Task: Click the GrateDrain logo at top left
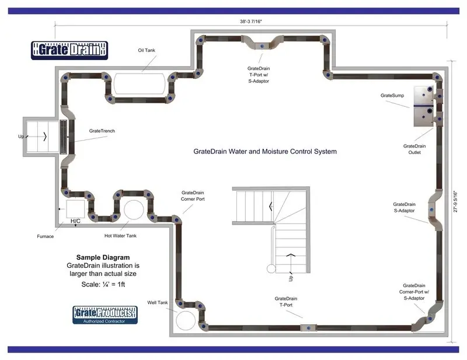coord(69,50)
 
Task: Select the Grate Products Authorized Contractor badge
coord(105,315)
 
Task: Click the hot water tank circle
coord(133,210)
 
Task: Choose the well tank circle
coord(187,319)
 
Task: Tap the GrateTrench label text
coord(102,131)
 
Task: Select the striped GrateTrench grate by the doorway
coord(64,137)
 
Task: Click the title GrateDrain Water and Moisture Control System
coord(265,152)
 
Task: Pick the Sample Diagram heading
coord(103,257)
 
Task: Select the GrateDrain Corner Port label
coord(193,195)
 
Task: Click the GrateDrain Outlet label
coord(414,149)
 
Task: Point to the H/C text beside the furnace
coord(76,222)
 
